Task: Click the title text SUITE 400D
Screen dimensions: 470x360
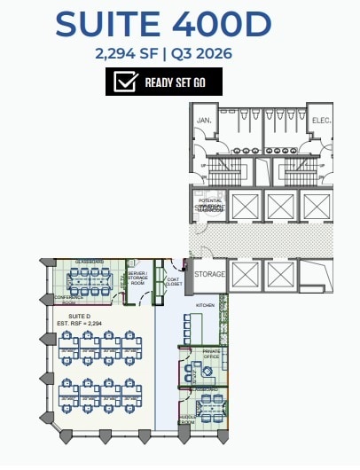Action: pos(162,24)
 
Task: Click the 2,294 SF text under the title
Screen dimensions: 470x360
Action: pos(124,53)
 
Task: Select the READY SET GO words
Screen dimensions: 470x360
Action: pos(176,83)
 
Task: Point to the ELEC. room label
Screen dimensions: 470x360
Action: pos(319,120)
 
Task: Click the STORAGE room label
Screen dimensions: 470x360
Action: pos(210,274)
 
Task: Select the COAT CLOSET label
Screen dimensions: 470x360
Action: pos(173,282)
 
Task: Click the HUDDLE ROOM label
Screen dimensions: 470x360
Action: pos(187,419)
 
